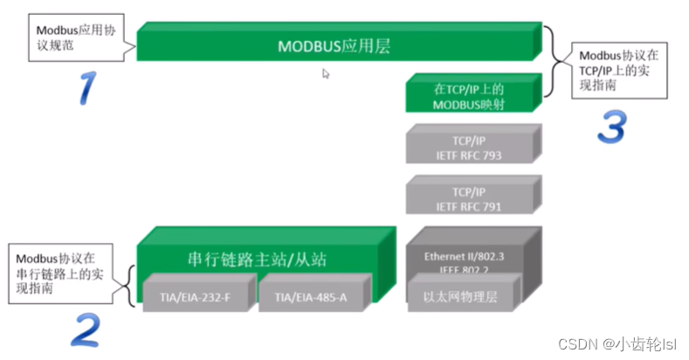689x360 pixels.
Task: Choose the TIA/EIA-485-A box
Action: [x=311, y=296]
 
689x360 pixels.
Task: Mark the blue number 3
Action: [x=611, y=128]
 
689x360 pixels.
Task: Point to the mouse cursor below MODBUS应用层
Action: [x=326, y=75]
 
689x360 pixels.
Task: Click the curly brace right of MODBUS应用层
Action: [x=548, y=61]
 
